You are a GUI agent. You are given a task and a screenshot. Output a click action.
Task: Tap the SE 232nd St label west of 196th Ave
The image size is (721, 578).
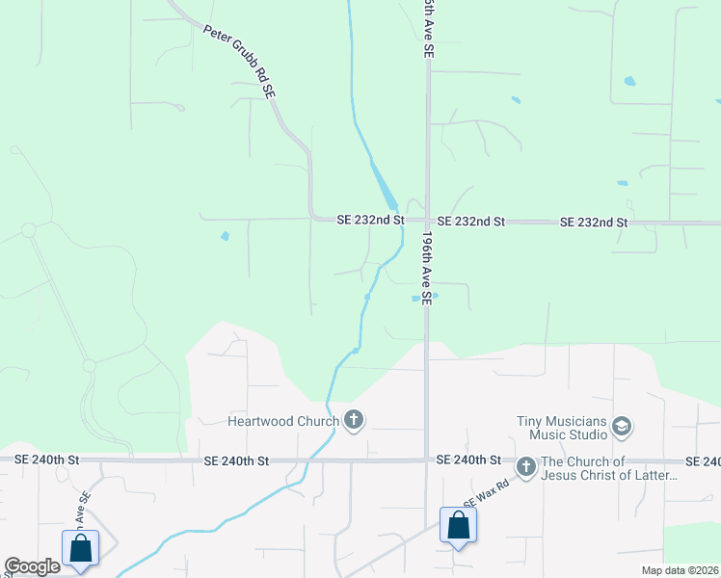pos(370,221)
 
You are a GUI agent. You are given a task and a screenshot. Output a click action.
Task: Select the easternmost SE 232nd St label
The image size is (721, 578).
pos(594,223)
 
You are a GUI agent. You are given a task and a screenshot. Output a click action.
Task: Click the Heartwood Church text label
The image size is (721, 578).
pos(282,420)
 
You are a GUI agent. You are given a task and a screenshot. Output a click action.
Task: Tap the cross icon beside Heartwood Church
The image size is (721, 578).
pos(354,419)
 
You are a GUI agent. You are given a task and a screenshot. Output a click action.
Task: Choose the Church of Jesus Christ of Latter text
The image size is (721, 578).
pos(610,468)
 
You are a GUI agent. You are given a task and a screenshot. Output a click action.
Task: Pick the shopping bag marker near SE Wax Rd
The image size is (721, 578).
pos(458,526)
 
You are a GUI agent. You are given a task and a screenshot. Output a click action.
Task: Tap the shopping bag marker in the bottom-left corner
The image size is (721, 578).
pos(81,548)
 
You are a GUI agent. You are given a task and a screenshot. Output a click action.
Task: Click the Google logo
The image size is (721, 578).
pos(32,566)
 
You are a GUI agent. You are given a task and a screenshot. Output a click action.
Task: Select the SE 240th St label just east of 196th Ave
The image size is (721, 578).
pos(468,461)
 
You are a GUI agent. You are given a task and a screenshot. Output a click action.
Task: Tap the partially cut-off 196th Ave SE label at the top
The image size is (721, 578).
pos(425,29)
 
